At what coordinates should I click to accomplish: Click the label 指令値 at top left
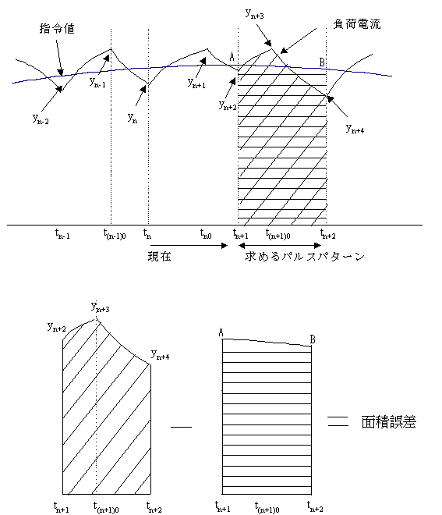point(57,29)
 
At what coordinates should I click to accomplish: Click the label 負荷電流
point(357,24)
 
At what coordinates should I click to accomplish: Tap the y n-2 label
point(41,119)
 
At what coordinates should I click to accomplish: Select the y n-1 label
point(97,82)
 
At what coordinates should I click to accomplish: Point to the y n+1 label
point(196,83)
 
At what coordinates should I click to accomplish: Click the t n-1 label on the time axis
point(62,233)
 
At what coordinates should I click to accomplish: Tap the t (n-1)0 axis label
point(115,234)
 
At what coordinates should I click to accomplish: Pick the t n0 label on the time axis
point(206,233)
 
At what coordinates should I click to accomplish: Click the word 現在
point(160,256)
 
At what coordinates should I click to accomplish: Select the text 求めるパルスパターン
point(305,256)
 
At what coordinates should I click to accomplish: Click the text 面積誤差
point(389,422)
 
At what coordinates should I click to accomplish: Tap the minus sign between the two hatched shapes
point(181,427)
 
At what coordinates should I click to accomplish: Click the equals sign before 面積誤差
point(338,421)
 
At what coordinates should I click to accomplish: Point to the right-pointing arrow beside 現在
point(189,245)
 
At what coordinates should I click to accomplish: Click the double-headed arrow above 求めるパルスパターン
point(280,245)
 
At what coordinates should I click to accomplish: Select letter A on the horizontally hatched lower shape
point(221,332)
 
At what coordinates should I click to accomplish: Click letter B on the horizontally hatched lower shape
point(313,339)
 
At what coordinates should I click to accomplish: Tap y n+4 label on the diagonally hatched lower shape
point(160,355)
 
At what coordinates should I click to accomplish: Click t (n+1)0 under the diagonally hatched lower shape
point(106,507)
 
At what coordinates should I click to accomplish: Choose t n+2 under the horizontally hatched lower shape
point(315,506)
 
